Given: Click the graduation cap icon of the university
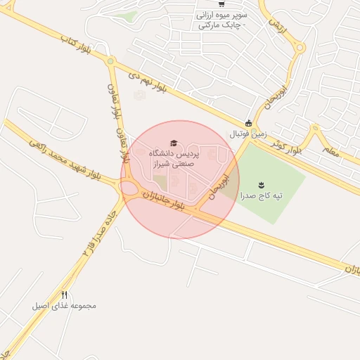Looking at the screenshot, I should pyautogui.click(x=174, y=143).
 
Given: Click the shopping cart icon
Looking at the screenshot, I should pyautogui.click(x=221, y=4).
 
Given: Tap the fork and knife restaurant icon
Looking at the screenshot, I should pyautogui.click(x=65, y=295).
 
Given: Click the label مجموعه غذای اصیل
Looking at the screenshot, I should pyautogui.click(x=63, y=306).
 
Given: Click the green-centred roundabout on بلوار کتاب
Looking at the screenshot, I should pyautogui.click(x=110, y=62).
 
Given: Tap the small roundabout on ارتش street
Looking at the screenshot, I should pyautogui.click(x=300, y=49).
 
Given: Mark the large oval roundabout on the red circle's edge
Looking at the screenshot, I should pyautogui.click(x=129, y=188).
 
